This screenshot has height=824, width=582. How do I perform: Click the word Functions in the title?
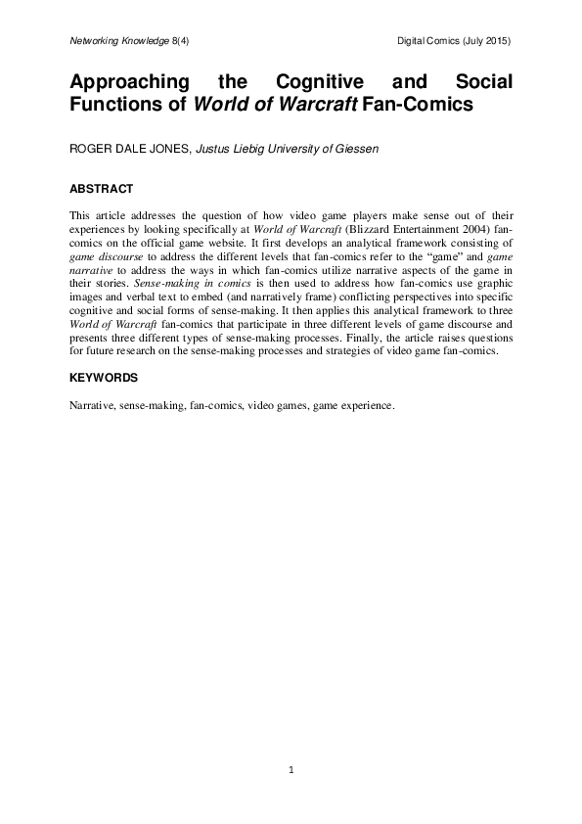pos(116,103)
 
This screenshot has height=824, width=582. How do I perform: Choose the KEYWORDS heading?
pos(104,377)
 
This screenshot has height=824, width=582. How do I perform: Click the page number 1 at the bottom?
pos(291,771)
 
